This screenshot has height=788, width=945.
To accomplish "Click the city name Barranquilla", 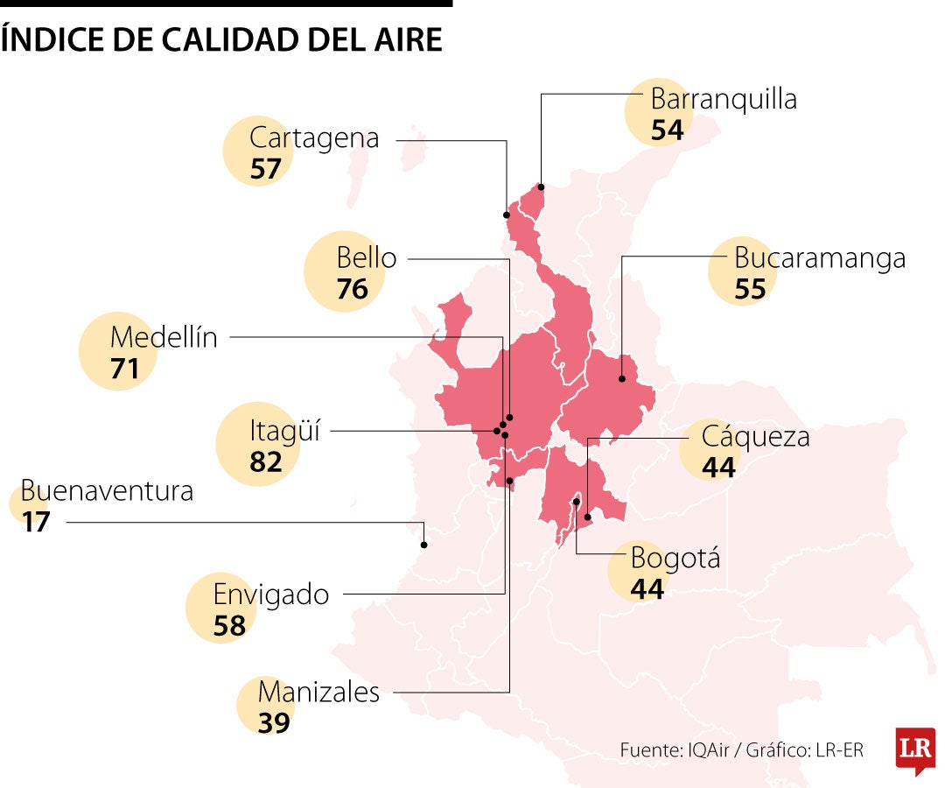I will coord(724,99).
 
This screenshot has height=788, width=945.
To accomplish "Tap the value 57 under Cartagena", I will coord(265,169).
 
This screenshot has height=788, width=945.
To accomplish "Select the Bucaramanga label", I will coord(820,258).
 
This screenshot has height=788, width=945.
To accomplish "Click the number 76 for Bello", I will coord(353,289).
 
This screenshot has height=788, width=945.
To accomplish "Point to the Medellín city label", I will coord(164,337).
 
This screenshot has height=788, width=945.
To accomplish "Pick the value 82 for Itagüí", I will coord(266,461).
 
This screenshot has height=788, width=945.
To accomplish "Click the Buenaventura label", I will coord(107,490).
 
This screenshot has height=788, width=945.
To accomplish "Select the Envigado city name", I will coord(271,595).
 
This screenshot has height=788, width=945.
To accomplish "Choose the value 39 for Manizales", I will coord(274,723).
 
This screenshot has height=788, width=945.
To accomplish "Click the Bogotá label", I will coord(675,557).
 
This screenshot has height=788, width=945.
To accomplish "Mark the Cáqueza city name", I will coord(756,436).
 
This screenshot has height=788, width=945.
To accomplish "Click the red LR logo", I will coord(915,749).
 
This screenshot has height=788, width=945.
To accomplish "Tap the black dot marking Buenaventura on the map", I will coord(424,545).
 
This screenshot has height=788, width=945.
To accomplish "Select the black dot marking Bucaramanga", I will coord(621,378).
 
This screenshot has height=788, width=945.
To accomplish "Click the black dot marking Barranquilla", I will coord(541,186).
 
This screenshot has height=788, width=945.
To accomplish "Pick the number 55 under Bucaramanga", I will coord(750,289).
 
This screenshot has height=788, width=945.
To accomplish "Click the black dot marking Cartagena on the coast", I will coord(507,215).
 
